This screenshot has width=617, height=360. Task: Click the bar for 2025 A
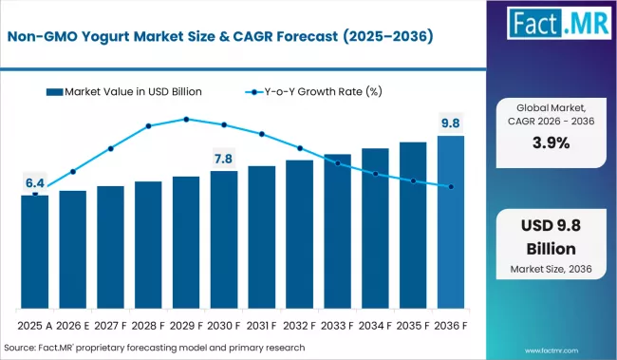coord(35,251)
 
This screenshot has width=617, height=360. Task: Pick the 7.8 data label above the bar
coord(224,158)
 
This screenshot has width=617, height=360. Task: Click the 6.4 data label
coord(35,182)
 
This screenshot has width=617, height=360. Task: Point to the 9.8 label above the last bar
coord(451,122)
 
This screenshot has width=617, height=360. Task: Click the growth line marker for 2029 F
coord(186,120)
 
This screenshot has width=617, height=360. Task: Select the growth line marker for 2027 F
coord(111,148)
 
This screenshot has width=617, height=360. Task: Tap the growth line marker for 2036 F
coord(451,187)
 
